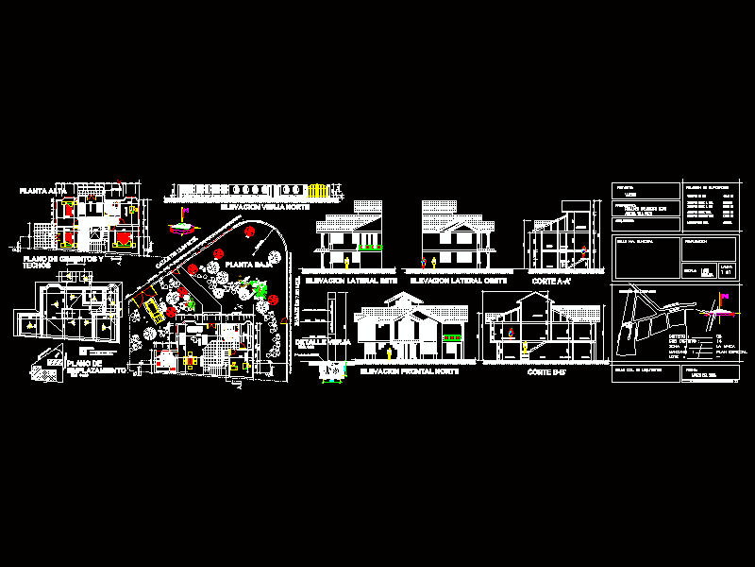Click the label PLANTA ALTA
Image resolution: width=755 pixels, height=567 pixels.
pyautogui.click(x=42, y=190)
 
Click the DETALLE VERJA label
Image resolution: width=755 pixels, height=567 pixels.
pyautogui.click(x=316, y=342)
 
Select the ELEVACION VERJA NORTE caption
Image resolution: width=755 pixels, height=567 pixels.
pyautogui.click(x=265, y=205)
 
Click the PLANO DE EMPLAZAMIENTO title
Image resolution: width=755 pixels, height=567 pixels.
pyautogui.click(x=95, y=367)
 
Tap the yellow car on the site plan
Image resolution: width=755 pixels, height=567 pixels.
pyautogui.click(x=150, y=309)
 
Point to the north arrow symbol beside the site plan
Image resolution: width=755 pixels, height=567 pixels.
pyautogui.click(x=181, y=228)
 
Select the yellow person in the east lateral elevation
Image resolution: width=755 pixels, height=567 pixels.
pyautogui.click(x=347, y=259)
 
